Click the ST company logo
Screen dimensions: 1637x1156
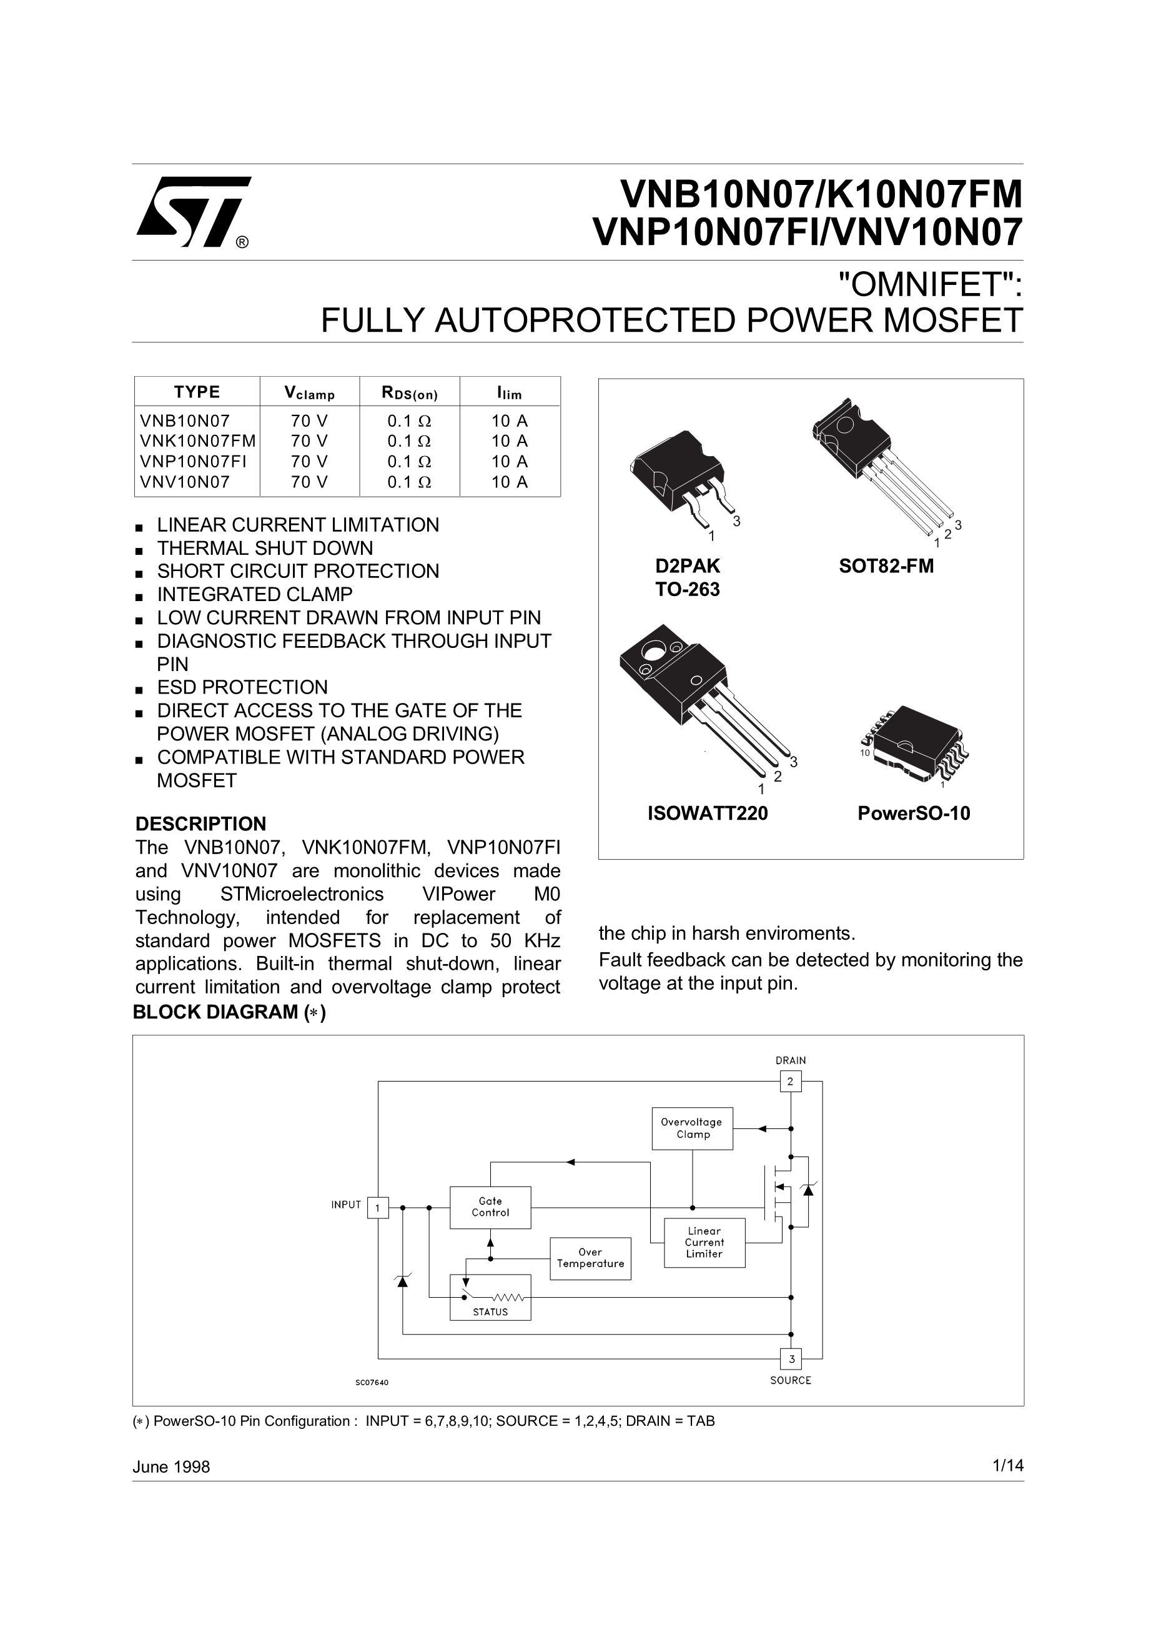tap(192, 211)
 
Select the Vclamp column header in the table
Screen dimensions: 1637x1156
tap(309, 392)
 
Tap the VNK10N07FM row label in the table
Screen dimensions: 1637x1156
tap(197, 440)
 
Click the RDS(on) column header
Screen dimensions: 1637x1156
tap(409, 392)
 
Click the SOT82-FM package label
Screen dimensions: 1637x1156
tap(886, 566)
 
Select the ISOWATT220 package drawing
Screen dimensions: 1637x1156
tap(702, 699)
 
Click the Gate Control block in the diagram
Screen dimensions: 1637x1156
tap(490, 1207)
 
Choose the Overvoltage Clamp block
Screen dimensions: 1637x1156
tap(692, 1128)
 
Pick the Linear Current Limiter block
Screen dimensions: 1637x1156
tap(704, 1242)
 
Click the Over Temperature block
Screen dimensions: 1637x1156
tap(590, 1258)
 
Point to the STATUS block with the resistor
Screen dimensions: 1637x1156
tap(490, 1298)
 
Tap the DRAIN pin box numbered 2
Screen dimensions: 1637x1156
tap(791, 1082)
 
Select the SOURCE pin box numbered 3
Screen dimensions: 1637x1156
tap(791, 1359)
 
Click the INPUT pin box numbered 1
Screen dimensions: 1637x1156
tap(378, 1207)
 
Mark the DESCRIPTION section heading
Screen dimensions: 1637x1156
tap(200, 823)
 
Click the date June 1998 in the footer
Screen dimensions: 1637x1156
tap(171, 1466)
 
